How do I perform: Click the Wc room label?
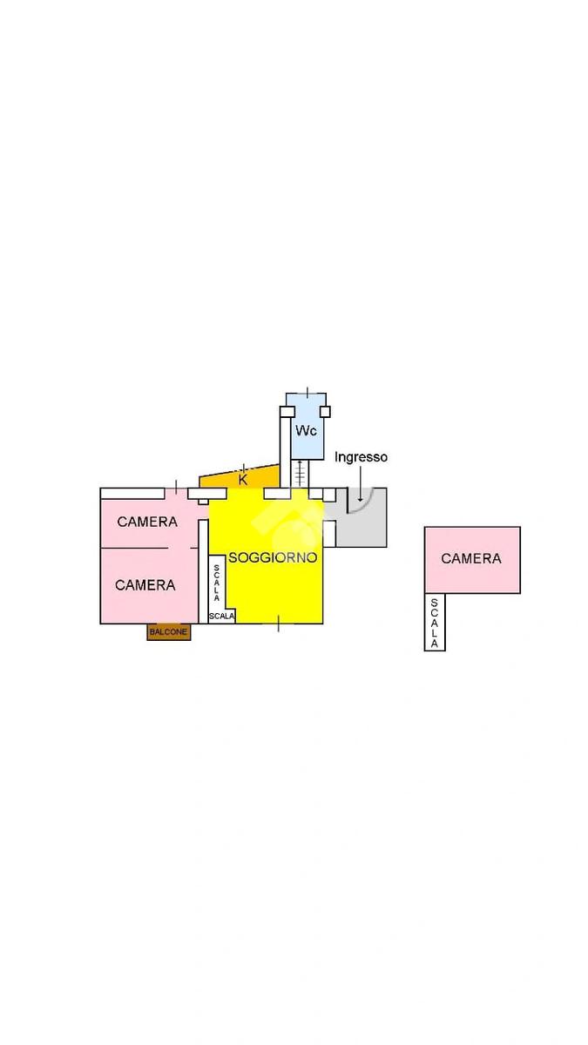click(305, 431)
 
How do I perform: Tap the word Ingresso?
click(361, 456)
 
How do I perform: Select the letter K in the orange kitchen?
click(243, 479)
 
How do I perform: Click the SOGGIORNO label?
click(273, 557)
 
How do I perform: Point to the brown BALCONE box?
click(168, 633)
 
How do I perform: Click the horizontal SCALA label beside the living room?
click(221, 617)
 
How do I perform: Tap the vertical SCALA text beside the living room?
click(216, 583)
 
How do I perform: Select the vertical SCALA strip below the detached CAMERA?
click(435, 622)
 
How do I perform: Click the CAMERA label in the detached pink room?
click(471, 558)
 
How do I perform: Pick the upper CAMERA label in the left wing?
click(147, 522)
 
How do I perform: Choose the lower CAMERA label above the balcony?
click(145, 585)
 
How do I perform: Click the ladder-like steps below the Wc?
click(300, 475)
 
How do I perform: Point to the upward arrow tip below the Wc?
click(300, 462)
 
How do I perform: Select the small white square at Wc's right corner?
click(325, 411)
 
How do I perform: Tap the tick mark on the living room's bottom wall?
click(279, 624)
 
